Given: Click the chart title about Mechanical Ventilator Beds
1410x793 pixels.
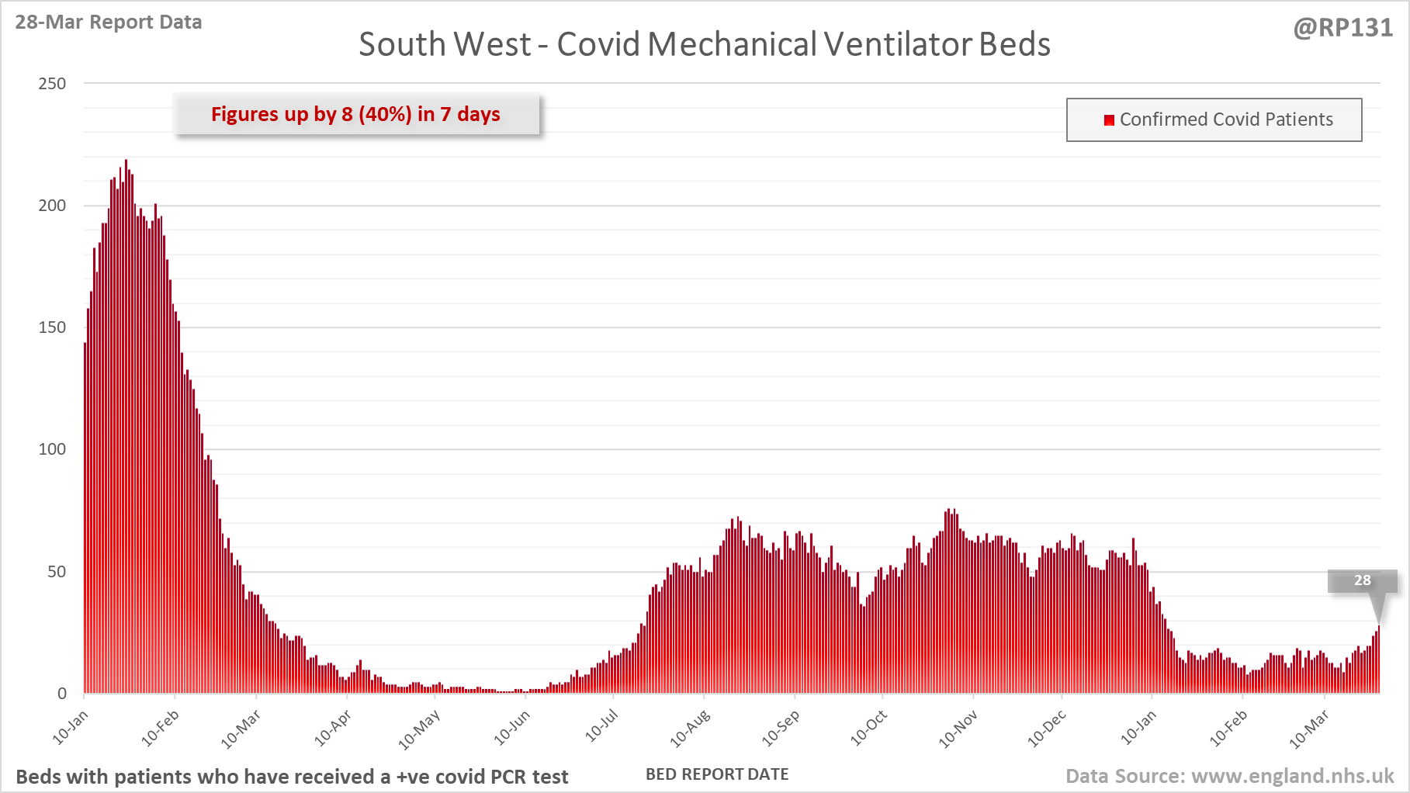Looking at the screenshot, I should (704, 44).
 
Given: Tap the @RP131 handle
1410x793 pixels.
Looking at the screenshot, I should (1343, 28).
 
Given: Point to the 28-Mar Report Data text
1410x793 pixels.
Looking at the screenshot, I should (109, 23).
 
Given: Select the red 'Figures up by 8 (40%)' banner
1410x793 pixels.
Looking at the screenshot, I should (356, 115).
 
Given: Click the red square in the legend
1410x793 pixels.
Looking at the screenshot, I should (1109, 120).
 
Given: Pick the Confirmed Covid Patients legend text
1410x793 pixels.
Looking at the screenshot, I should (1226, 119).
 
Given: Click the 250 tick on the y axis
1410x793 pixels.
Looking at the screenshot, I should (52, 84).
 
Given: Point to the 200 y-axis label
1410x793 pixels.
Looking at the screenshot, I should (52, 206).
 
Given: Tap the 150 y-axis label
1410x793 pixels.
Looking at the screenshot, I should (52, 327).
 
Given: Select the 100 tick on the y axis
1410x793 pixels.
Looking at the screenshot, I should (52, 449).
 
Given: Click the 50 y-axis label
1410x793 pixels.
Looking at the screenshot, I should (57, 572).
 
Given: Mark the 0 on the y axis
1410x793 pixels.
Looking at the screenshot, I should (62, 694).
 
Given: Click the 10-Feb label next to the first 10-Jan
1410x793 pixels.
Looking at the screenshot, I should (161, 728).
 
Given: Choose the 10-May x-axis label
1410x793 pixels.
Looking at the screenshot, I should (419, 730).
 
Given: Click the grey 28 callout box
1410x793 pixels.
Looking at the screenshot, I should (1362, 580).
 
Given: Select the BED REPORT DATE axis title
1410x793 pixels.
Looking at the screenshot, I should (717, 774).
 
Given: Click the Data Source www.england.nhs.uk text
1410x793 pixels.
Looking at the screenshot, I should (1229, 776).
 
